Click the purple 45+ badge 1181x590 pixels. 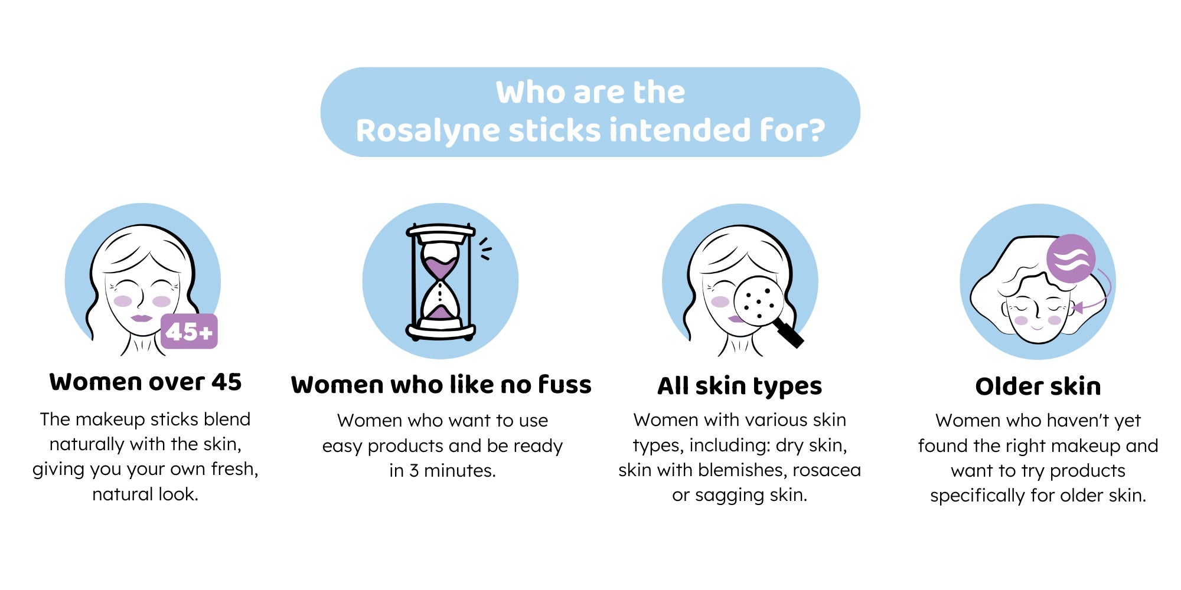point(189,332)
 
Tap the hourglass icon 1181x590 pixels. point(441,282)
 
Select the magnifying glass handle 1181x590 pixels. point(788,332)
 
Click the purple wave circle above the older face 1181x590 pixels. point(1071,259)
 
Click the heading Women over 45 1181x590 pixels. point(145,382)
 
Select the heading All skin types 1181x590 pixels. point(739,386)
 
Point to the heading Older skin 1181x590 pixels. point(1038,386)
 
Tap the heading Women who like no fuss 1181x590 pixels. point(441,385)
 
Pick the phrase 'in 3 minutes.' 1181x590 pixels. point(442,471)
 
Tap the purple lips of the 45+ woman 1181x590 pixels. point(142,318)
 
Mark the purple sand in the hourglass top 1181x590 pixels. point(441,268)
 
